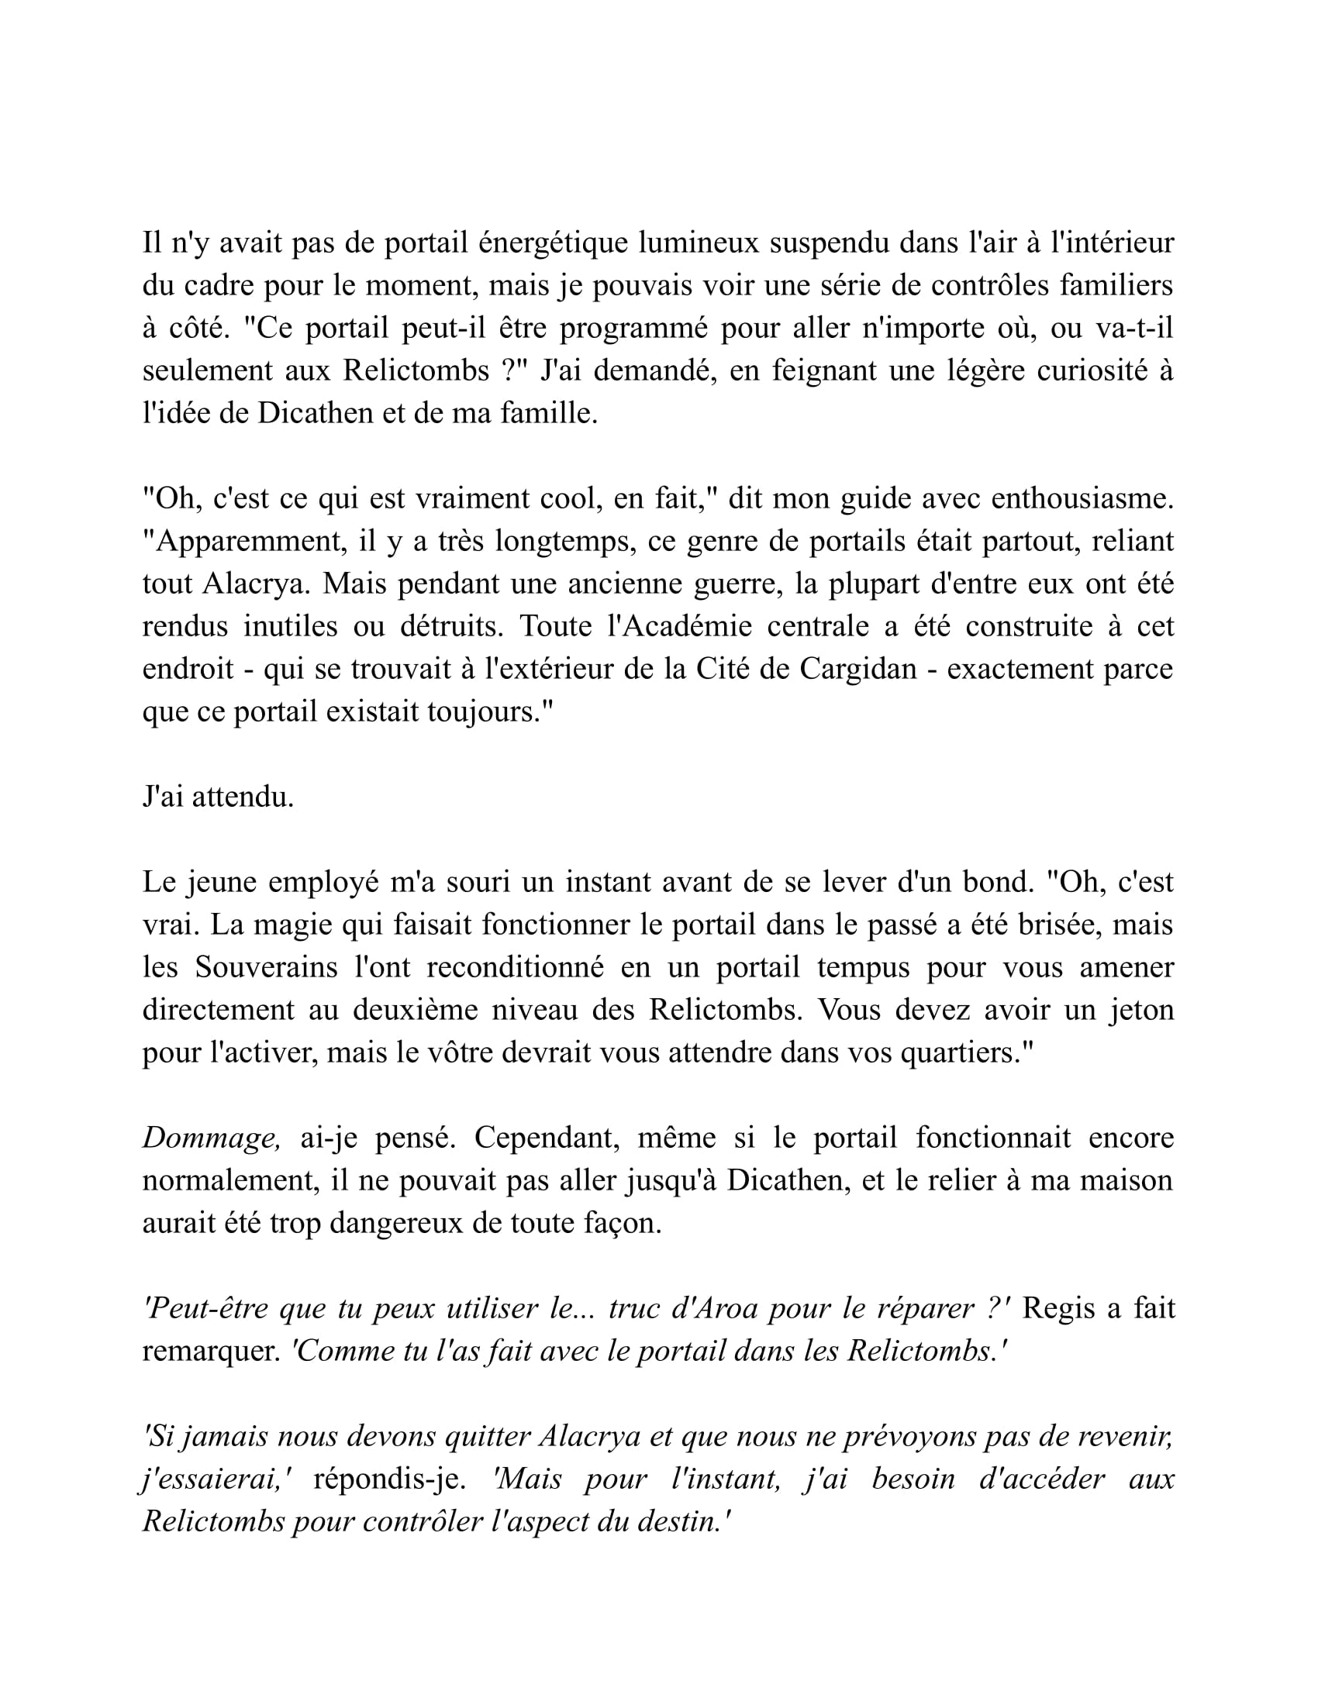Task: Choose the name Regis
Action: (1058, 1308)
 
